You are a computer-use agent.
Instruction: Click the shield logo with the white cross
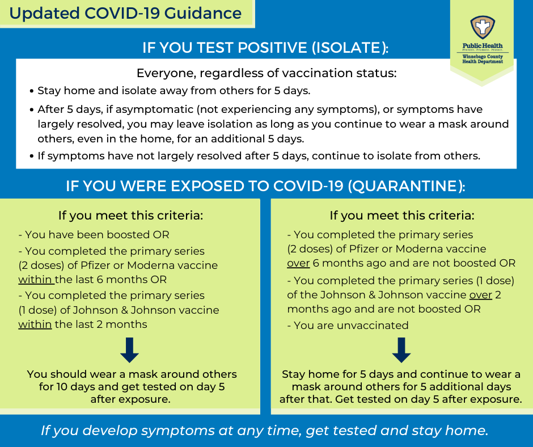coord(483,28)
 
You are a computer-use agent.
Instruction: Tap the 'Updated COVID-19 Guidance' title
coord(125,13)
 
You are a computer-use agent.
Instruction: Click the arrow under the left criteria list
coord(129,350)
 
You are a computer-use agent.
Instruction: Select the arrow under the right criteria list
coord(401,350)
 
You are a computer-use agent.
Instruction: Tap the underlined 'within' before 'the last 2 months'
coord(35,324)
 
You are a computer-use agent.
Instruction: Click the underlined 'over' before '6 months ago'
coord(298,263)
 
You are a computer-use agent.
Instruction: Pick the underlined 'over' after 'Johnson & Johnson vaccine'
coord(481,294)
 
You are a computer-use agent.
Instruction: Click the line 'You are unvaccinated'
coord(348,326)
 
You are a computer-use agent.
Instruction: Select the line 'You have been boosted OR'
coord(94,235)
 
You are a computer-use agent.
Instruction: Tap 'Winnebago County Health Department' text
coord(483,59)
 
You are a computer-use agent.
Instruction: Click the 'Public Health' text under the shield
coord(483,45)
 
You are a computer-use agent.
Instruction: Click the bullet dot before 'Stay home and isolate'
coord(32,91)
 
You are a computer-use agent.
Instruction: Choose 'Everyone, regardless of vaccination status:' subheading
coord(266,73)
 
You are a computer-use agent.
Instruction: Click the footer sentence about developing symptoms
coord(264,431)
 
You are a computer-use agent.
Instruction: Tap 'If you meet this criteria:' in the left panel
coord(130,216)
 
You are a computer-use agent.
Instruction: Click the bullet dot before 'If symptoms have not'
coord(32,156)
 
